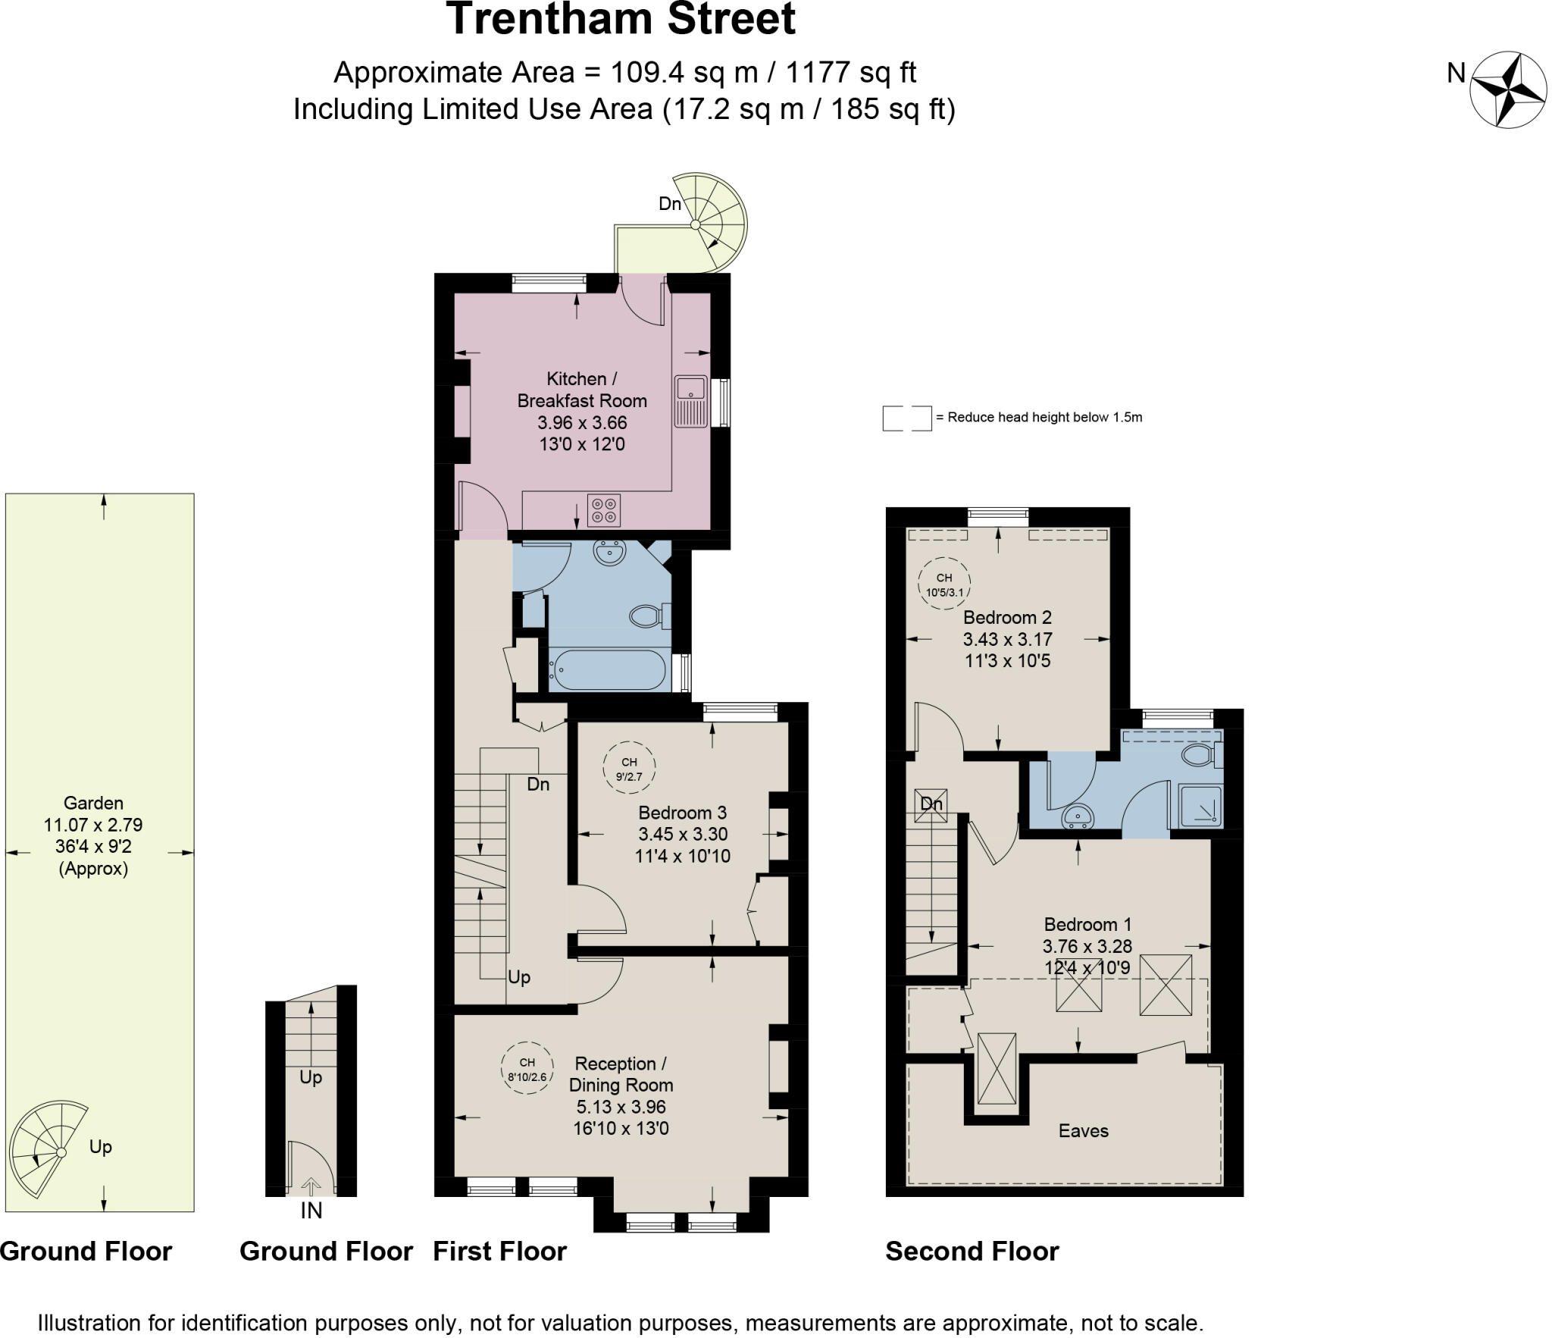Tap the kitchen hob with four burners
tap(603, 509)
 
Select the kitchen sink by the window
tap(690, 400)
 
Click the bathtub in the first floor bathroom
tap(609, 669)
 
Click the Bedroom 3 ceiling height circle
tap(629, 768)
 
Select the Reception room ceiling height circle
tap(527, 1068)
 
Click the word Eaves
tap(1083, 1131)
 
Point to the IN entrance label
tap(311, 1211)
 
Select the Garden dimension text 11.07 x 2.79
tap(93, 825)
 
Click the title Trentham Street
tap(621, 20)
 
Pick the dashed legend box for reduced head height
tap(906, 418)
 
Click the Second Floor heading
tap(972, 1252)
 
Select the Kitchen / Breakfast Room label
tap(581, 390)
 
